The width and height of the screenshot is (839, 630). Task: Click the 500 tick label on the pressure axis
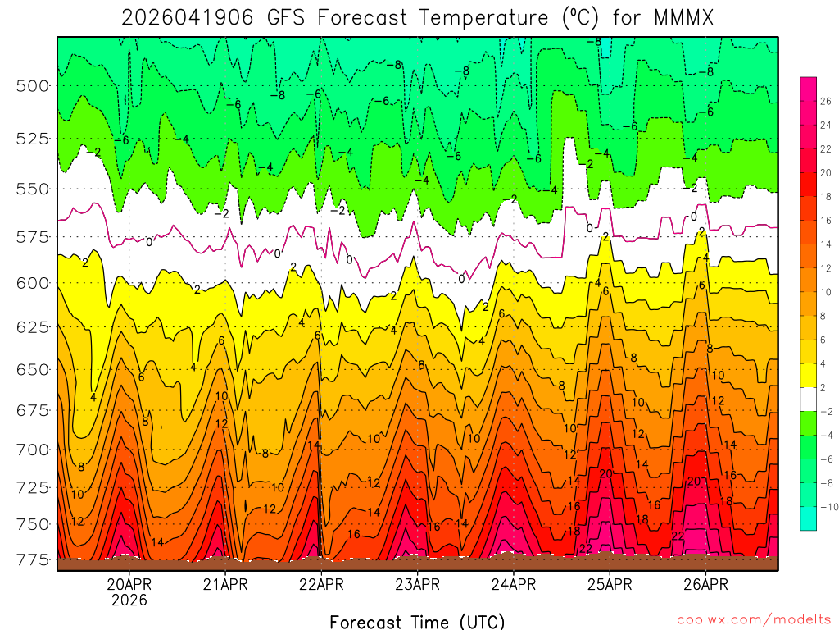tap(33, 85)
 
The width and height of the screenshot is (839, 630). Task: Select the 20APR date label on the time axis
tap(129, 584)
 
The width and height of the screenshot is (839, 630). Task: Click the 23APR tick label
tap(418, 584)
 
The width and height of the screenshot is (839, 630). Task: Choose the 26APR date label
tap(706, 584)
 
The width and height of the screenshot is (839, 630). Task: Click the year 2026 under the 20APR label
tap(129, 600)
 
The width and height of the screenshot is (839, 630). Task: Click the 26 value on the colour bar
tap(825, 102)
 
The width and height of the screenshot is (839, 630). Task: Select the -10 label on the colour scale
tap(828, 505)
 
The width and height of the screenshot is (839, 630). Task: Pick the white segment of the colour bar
tap(808, 399)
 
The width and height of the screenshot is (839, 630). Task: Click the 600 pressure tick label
tap(33, 282)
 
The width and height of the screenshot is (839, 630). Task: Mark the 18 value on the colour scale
tap(825, 196)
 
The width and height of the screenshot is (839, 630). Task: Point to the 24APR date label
tap(514, 584)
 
